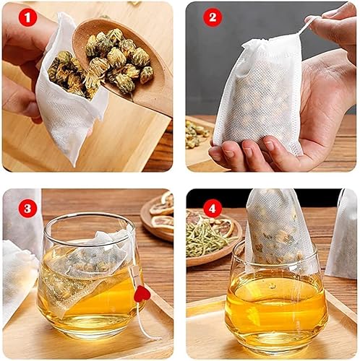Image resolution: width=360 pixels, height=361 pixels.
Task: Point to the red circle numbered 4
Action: click(x=212, y=207)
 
